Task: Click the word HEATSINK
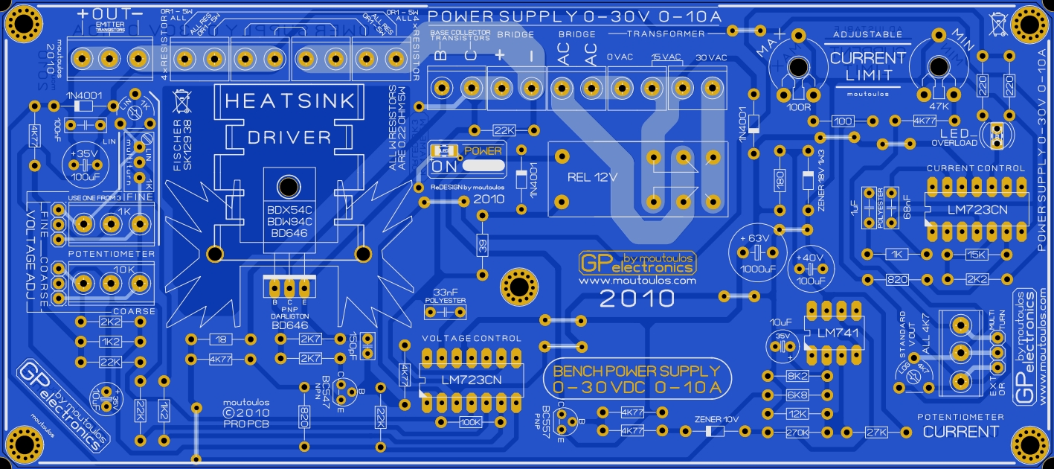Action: coord(290,102)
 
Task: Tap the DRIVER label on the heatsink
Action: coord(289,137)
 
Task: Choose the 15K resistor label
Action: coord(977,255)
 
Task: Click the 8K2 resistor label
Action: coord(797,377)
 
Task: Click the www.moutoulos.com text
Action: coord(637,281)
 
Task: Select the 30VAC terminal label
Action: coord(711,57)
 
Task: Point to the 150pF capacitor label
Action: coord(353,344)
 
